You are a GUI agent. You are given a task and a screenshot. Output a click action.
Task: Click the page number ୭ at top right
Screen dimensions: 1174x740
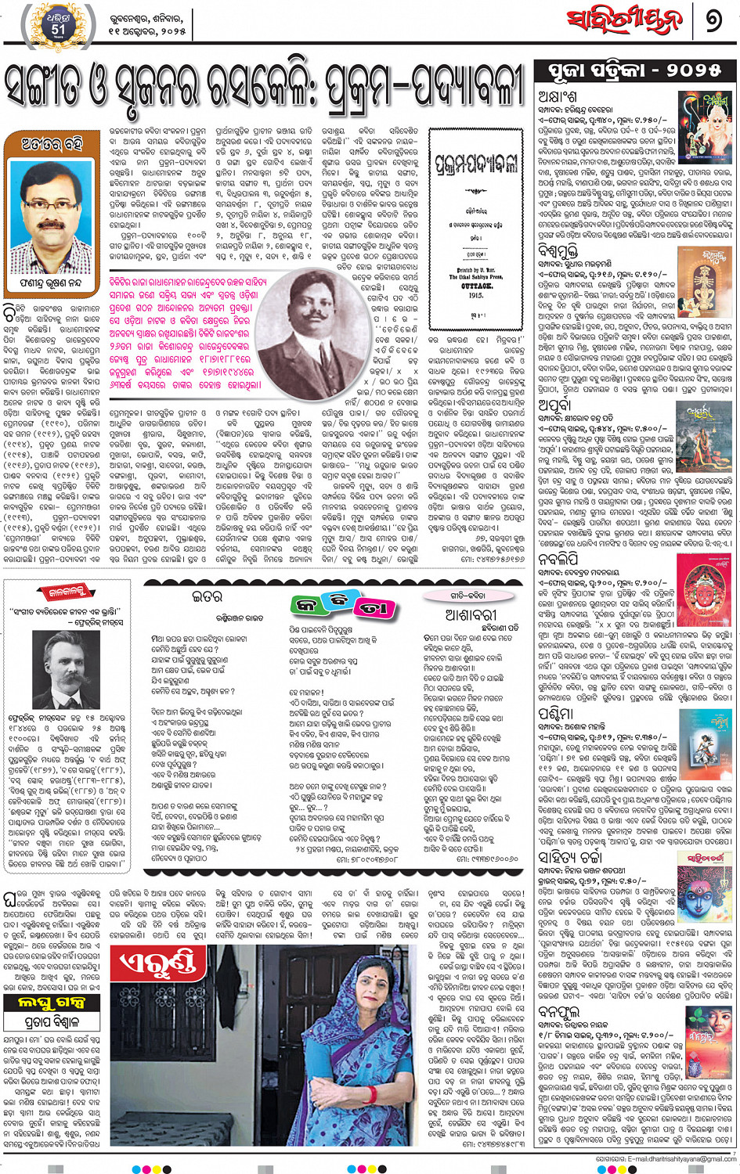[713, 20]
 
